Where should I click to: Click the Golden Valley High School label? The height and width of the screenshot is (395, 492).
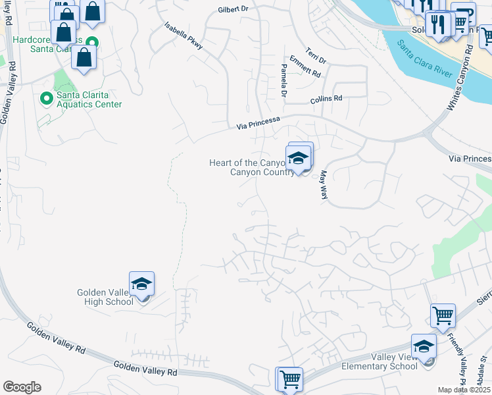106,296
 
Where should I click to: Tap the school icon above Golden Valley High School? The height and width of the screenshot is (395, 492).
141,284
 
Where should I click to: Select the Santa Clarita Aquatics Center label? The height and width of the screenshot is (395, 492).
89,99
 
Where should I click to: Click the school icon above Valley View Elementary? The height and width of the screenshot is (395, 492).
424,347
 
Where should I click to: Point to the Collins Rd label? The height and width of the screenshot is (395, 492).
327,99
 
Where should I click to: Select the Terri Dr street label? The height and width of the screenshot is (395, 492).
316,56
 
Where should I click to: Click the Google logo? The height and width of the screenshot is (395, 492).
22,387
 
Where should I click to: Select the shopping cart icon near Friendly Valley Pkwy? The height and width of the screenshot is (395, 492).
443,316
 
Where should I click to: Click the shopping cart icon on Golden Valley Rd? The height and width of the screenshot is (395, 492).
290,379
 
